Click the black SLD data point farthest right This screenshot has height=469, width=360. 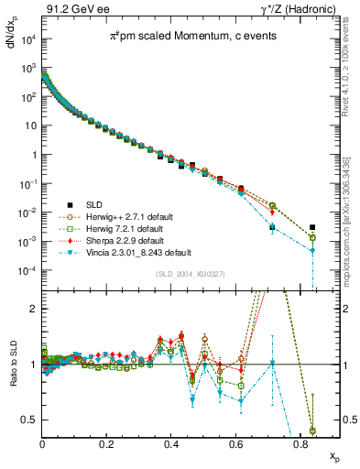coord(313,227)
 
